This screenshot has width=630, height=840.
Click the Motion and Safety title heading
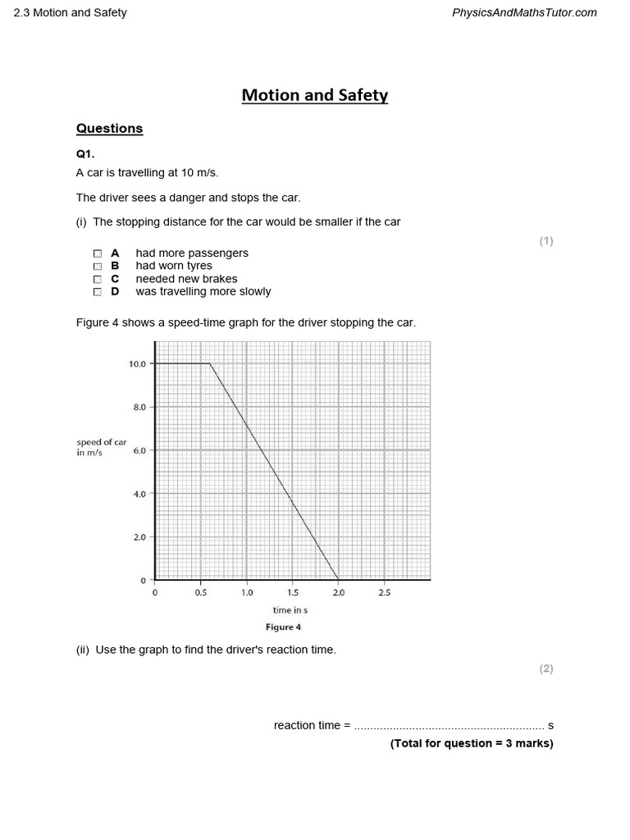pyautogui.click(x=314, y=95)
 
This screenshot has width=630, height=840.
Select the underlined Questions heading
pyautogui.click(x=109, y=128)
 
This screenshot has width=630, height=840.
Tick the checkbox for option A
pyautogui.click(x=98, y=253)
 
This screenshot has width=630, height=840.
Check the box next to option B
pyautogui.click(x=98, y=267)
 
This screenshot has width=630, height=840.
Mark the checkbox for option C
pyautogui.click(x=98, y=279)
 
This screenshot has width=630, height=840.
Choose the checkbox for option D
pyautogui.click(x=98, y=291)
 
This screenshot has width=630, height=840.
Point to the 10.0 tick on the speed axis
pyautogui.click(x=137, y=363)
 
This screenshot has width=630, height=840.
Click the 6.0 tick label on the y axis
pyautogui.click(x=139, y=450)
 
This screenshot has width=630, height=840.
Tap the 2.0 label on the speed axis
pyautogui.click(x=139, y=537)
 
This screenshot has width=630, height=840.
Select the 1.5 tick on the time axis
pyautogui.click(x=293, y=592)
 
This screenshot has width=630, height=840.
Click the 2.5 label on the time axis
pyautogui.click(x=385, y=592)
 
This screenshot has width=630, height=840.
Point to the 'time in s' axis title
pyautogui.click(x=290, y=610)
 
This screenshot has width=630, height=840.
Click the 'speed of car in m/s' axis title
pyautogui.click(x=101, y=447)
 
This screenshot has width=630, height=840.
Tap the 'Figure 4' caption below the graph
pyautogui.click(x=283, y=628)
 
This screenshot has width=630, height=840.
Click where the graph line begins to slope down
pyautogui.click(x=210, y=363)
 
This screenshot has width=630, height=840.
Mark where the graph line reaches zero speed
pyautogui.click(x=338, y=580)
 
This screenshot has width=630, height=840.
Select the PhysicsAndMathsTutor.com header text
pyautogui.click(x=524, y=12)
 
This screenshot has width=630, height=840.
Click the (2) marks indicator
pyautogui.click(x=546, y=669)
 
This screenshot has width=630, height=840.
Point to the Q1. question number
pyautogui.click(x=86, y=153)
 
